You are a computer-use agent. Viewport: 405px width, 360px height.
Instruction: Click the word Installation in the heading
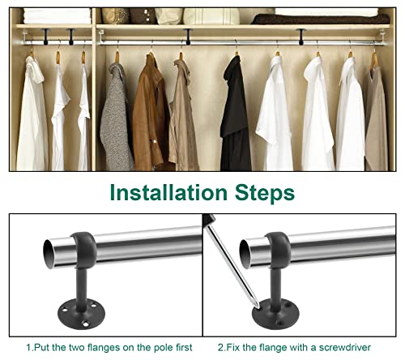tap(168, 192)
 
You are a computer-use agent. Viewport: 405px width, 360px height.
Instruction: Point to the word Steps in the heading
tap(265, 193)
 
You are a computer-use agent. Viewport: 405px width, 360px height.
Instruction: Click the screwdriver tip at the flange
tap(258, 307)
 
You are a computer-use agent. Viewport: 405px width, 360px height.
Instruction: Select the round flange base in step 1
tap(81, 314)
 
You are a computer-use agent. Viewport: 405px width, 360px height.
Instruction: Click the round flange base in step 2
tap(275, 314)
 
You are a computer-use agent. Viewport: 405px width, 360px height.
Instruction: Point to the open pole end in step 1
tap(49, 254)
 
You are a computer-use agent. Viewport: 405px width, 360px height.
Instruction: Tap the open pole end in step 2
tap(245, 254)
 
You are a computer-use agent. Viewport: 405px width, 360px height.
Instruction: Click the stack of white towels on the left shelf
tap(57, 16)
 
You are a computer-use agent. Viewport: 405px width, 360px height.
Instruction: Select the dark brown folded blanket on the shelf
tap(321, 19)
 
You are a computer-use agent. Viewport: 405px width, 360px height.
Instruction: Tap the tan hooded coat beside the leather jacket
tap(183, 116)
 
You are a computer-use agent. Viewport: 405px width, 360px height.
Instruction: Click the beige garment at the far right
tap(376, 119)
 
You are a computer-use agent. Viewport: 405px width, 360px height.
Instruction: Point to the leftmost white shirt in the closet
tap(32, 115)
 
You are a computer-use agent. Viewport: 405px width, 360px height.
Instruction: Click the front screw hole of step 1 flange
tap(86, 324)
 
